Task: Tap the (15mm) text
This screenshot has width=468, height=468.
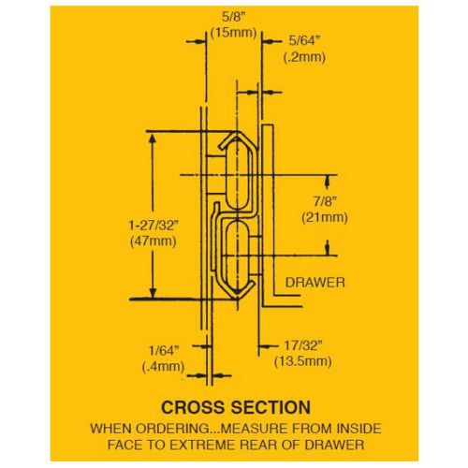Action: point(234,33)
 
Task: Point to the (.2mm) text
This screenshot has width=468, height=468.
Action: point(304,57)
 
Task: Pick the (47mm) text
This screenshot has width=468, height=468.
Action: point(153,241)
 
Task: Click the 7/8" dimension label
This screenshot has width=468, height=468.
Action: point(325,201)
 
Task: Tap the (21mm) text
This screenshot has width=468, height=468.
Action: point(325,217)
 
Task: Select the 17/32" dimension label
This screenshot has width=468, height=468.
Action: point(302,345)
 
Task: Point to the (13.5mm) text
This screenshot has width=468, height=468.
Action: point(303,361)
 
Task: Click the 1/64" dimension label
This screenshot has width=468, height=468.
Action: point(164,350)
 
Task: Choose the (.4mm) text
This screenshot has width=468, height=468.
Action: point(163,366)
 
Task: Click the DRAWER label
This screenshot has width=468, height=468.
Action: point(315,283)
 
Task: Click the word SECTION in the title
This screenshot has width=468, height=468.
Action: point(271,407)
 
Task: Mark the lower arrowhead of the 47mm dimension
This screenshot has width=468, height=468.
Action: point(153,292)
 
